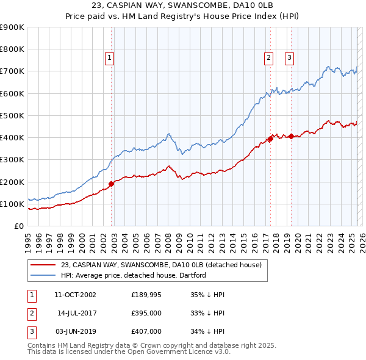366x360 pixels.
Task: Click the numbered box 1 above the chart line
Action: tap(109, 58)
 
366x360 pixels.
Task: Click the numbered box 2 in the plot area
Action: tap(268, 58)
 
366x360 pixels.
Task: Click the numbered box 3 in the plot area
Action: tap(289, 58)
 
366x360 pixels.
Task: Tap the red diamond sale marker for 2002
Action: tap(112, 184)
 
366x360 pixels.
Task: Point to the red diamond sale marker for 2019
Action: tap(291, 136)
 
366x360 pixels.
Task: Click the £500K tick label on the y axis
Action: tap(12, 115)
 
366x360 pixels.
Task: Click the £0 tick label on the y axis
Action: tap(19, 226)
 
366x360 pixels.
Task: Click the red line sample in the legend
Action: tap(43, 265)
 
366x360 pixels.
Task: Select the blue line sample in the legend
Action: tap(43, 275)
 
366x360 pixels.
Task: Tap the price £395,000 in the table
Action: tap(146, 313)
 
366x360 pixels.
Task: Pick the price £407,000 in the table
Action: tap(146, 331)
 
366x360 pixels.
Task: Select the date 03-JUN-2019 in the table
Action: tap(75, 331)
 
